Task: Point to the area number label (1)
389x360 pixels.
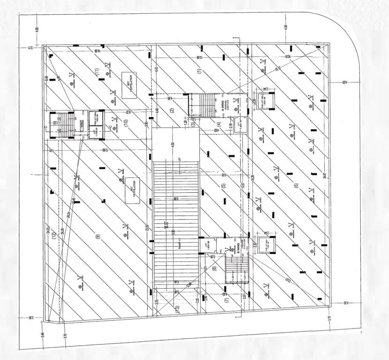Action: [x=199, y=71]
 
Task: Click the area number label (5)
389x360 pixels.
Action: [x=224, y=186]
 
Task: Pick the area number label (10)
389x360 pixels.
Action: [x=126, y=123]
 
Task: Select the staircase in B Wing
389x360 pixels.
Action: [x=236, y=269]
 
